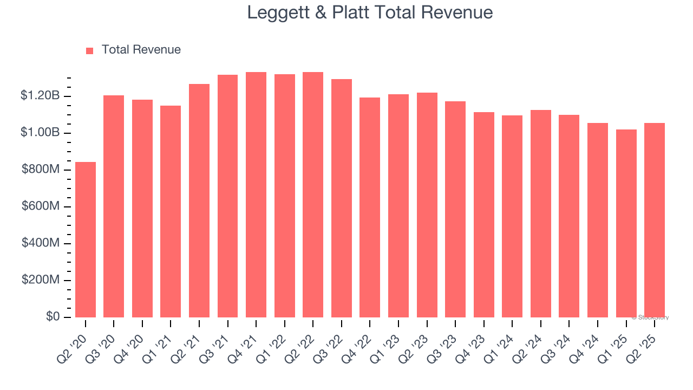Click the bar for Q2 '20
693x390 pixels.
86,239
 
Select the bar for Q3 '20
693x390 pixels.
114,206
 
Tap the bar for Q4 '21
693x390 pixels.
256,194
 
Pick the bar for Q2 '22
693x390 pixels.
313,194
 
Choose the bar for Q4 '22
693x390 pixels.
370,207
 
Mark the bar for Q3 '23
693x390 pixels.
455,209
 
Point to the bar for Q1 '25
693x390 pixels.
626,223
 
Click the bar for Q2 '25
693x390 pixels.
655,220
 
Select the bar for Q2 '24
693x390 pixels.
541,213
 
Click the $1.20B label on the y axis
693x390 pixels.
40,96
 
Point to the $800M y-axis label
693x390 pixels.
40,170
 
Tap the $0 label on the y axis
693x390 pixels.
53,317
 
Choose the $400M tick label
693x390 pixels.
40,243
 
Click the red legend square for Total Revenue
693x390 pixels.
90,50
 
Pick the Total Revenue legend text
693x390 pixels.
141,50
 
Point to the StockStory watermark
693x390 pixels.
650,317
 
